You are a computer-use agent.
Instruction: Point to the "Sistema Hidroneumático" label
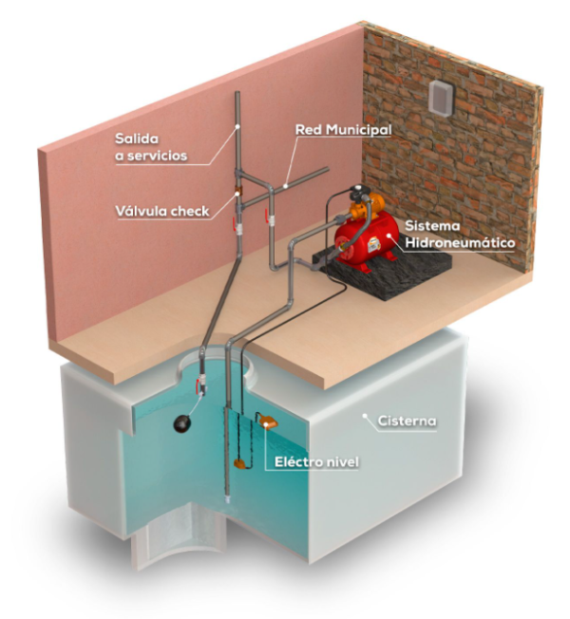[x=460, y=234]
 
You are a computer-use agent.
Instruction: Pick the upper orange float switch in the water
[x=269, y=421]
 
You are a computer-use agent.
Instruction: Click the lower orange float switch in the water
[x=241, y=464]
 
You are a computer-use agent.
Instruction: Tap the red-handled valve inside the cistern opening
[x=202, y=385]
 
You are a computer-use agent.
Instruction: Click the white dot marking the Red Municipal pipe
[x=285, y=177]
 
